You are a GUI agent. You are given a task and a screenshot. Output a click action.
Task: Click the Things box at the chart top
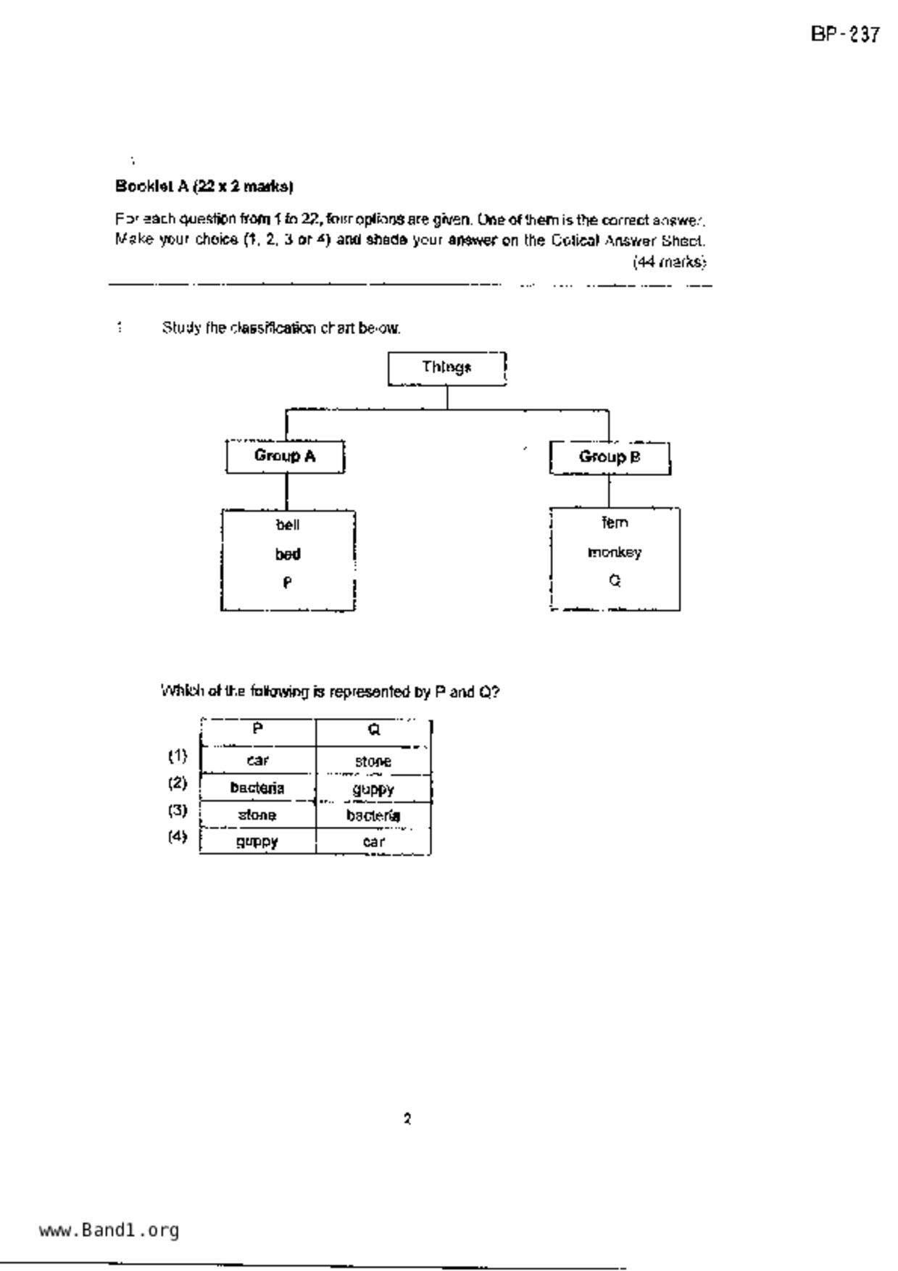(446, 368)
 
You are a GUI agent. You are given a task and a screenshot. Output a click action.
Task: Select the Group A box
(285, 457)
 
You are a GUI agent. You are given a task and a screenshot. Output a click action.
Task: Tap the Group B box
(610, 457)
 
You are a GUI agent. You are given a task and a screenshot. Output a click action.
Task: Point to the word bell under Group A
(288, 525)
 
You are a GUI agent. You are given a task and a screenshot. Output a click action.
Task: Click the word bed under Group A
(288, 554)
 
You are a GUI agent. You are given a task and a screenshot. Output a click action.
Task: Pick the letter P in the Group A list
(288, 583)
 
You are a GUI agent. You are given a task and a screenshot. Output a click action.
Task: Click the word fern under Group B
(615, 523)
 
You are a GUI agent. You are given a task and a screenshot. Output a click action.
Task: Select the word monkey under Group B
(615, 553)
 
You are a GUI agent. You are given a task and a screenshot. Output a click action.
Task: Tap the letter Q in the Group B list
(615, 581)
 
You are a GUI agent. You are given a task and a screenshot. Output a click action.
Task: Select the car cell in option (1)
(257, 761)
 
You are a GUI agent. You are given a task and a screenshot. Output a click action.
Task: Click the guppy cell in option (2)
(373, 789)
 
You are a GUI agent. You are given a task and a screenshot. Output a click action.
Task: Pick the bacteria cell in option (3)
(373, 816)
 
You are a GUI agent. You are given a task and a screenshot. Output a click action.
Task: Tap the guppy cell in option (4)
(257, 842)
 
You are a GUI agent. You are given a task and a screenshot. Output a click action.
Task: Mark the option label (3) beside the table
(178, 810)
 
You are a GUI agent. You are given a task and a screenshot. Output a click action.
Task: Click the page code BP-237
(845, 35)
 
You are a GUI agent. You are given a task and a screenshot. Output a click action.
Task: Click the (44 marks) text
(669, 262)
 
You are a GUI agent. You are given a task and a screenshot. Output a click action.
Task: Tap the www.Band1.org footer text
(109, 1230)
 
